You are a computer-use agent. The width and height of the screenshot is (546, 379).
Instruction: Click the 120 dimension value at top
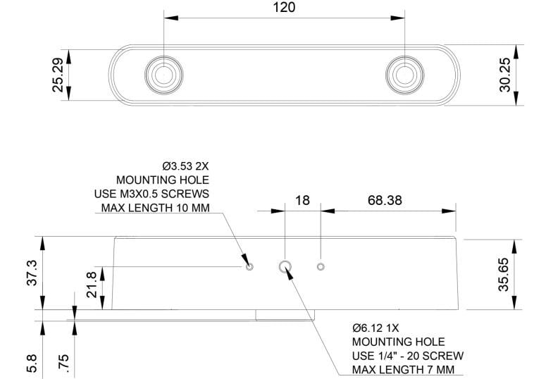[x=283, y=8]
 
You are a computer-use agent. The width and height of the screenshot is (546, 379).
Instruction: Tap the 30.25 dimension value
[x=504, y=75]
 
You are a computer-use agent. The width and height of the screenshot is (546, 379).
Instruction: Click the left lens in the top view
[x=163, y=74]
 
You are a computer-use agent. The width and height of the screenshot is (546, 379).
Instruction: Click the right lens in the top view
[x=404, y=74]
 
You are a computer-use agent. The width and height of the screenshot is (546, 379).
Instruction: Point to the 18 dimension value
[x=302, y=200]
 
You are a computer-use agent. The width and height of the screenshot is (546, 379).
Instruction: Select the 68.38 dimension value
[x=385, y=200]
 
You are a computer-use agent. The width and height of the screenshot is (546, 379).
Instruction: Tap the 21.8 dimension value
[x=92, y=285]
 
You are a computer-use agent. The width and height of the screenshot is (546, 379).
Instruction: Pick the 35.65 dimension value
[x=504, y=273]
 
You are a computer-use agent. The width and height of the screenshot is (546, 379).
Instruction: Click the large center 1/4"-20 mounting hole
[x=285, y=266]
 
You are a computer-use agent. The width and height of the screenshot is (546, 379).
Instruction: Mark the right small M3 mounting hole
[x=321, y=266]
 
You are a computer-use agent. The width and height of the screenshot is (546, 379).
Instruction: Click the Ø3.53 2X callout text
[x=185, y=166]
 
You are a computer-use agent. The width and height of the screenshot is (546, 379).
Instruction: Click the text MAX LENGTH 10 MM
[x=156, y=207]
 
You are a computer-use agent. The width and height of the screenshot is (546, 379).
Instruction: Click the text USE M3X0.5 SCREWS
[x=151, y=194]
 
